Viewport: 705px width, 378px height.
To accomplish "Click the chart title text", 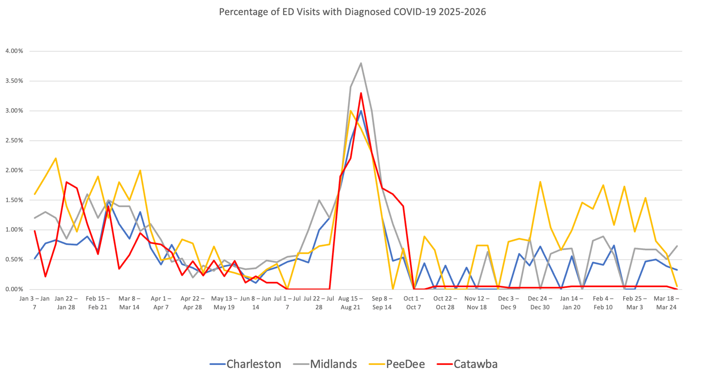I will (352, 12).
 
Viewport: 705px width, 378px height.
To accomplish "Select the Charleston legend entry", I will (246, 364).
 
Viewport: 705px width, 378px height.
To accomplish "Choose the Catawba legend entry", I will (467, 364).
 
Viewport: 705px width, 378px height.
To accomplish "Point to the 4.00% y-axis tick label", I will (14, 51).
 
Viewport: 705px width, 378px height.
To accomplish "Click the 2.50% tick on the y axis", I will (14, 140).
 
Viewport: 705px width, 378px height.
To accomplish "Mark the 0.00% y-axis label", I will (14, 289).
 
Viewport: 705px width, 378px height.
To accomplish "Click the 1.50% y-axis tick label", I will (14, 200).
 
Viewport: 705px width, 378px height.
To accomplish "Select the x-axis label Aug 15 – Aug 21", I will (350, 303).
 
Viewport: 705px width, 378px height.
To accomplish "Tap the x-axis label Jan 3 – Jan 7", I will (34, 303).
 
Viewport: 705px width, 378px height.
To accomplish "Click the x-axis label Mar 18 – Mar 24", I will (666, 303).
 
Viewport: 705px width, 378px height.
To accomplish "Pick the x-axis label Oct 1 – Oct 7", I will (413, 303).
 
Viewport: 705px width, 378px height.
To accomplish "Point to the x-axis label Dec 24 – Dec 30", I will (540, 303).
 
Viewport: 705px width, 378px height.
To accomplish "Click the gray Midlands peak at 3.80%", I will (361, 63).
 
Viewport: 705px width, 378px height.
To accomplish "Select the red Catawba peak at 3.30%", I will (361, 93).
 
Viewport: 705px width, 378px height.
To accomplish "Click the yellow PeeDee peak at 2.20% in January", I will (56, 158).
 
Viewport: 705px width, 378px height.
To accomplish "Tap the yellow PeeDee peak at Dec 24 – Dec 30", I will (540, 182).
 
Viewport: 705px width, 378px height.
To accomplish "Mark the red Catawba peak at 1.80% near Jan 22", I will (66, 182).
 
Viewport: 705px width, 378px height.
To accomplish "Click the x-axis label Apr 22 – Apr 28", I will (192, 303).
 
